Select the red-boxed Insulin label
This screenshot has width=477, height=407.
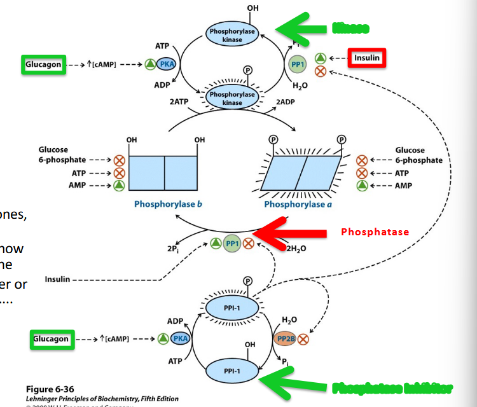[367, 58]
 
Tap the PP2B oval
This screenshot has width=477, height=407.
[284, 339]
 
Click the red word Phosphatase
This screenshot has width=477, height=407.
[375, 232]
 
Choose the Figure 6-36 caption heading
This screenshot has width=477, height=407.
[51, 389]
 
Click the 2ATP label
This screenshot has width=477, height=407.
[180, 101]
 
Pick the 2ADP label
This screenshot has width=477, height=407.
[285, 101]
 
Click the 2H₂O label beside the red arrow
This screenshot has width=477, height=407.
[297, 248]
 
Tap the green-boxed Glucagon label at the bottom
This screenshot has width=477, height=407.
[52, 339]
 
